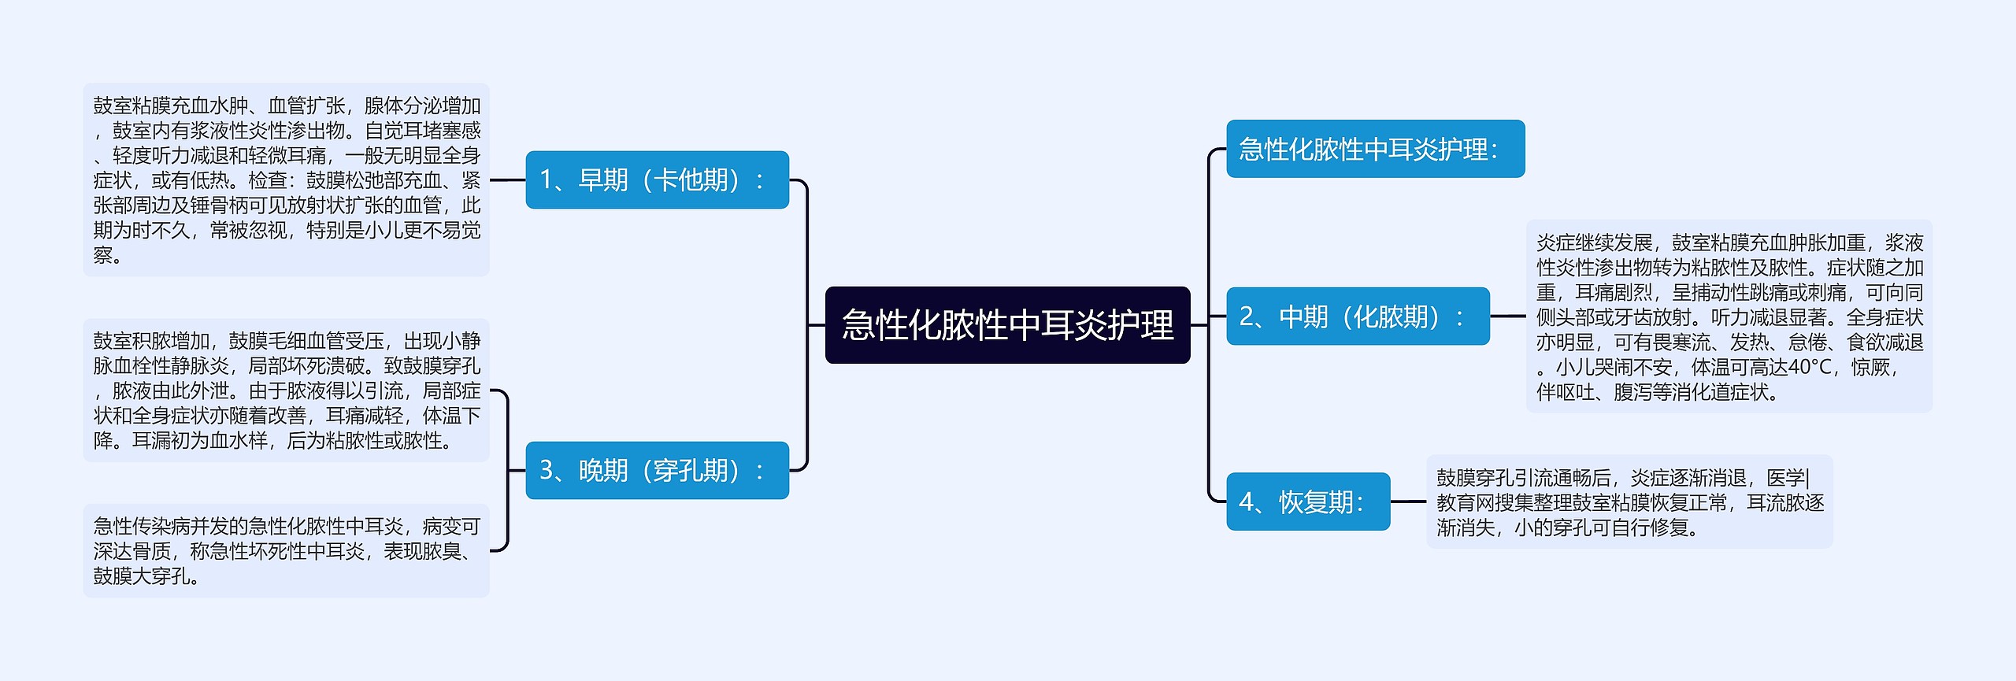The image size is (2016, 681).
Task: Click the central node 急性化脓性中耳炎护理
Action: click(1007, 324)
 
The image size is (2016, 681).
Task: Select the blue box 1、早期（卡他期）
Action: click(657, 180)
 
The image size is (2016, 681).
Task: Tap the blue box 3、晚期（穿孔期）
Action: click(657, 470)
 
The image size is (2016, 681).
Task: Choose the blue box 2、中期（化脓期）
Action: click(1358, 316)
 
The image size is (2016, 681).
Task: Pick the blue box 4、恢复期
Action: click(1308, 501)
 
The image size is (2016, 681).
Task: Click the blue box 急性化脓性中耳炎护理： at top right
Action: click(1375, 149)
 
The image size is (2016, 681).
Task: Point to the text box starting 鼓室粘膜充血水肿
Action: click(286, 180)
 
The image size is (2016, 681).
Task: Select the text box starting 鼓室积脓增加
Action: click(286, 390)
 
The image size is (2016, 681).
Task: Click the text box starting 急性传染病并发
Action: click(286, 550)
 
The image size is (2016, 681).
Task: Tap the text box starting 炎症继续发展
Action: click(1729, 316)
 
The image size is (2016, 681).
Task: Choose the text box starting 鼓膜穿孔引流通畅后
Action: click(1629, 501)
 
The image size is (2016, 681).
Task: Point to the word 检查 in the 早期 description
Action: click(267, 180)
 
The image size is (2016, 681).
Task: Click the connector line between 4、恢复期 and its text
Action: click(1408, 501)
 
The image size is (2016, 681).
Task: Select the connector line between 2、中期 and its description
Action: click(1508, 316)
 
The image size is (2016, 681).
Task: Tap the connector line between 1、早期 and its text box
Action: click(507, 180)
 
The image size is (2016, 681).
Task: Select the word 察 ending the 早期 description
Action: click(103, 255)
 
